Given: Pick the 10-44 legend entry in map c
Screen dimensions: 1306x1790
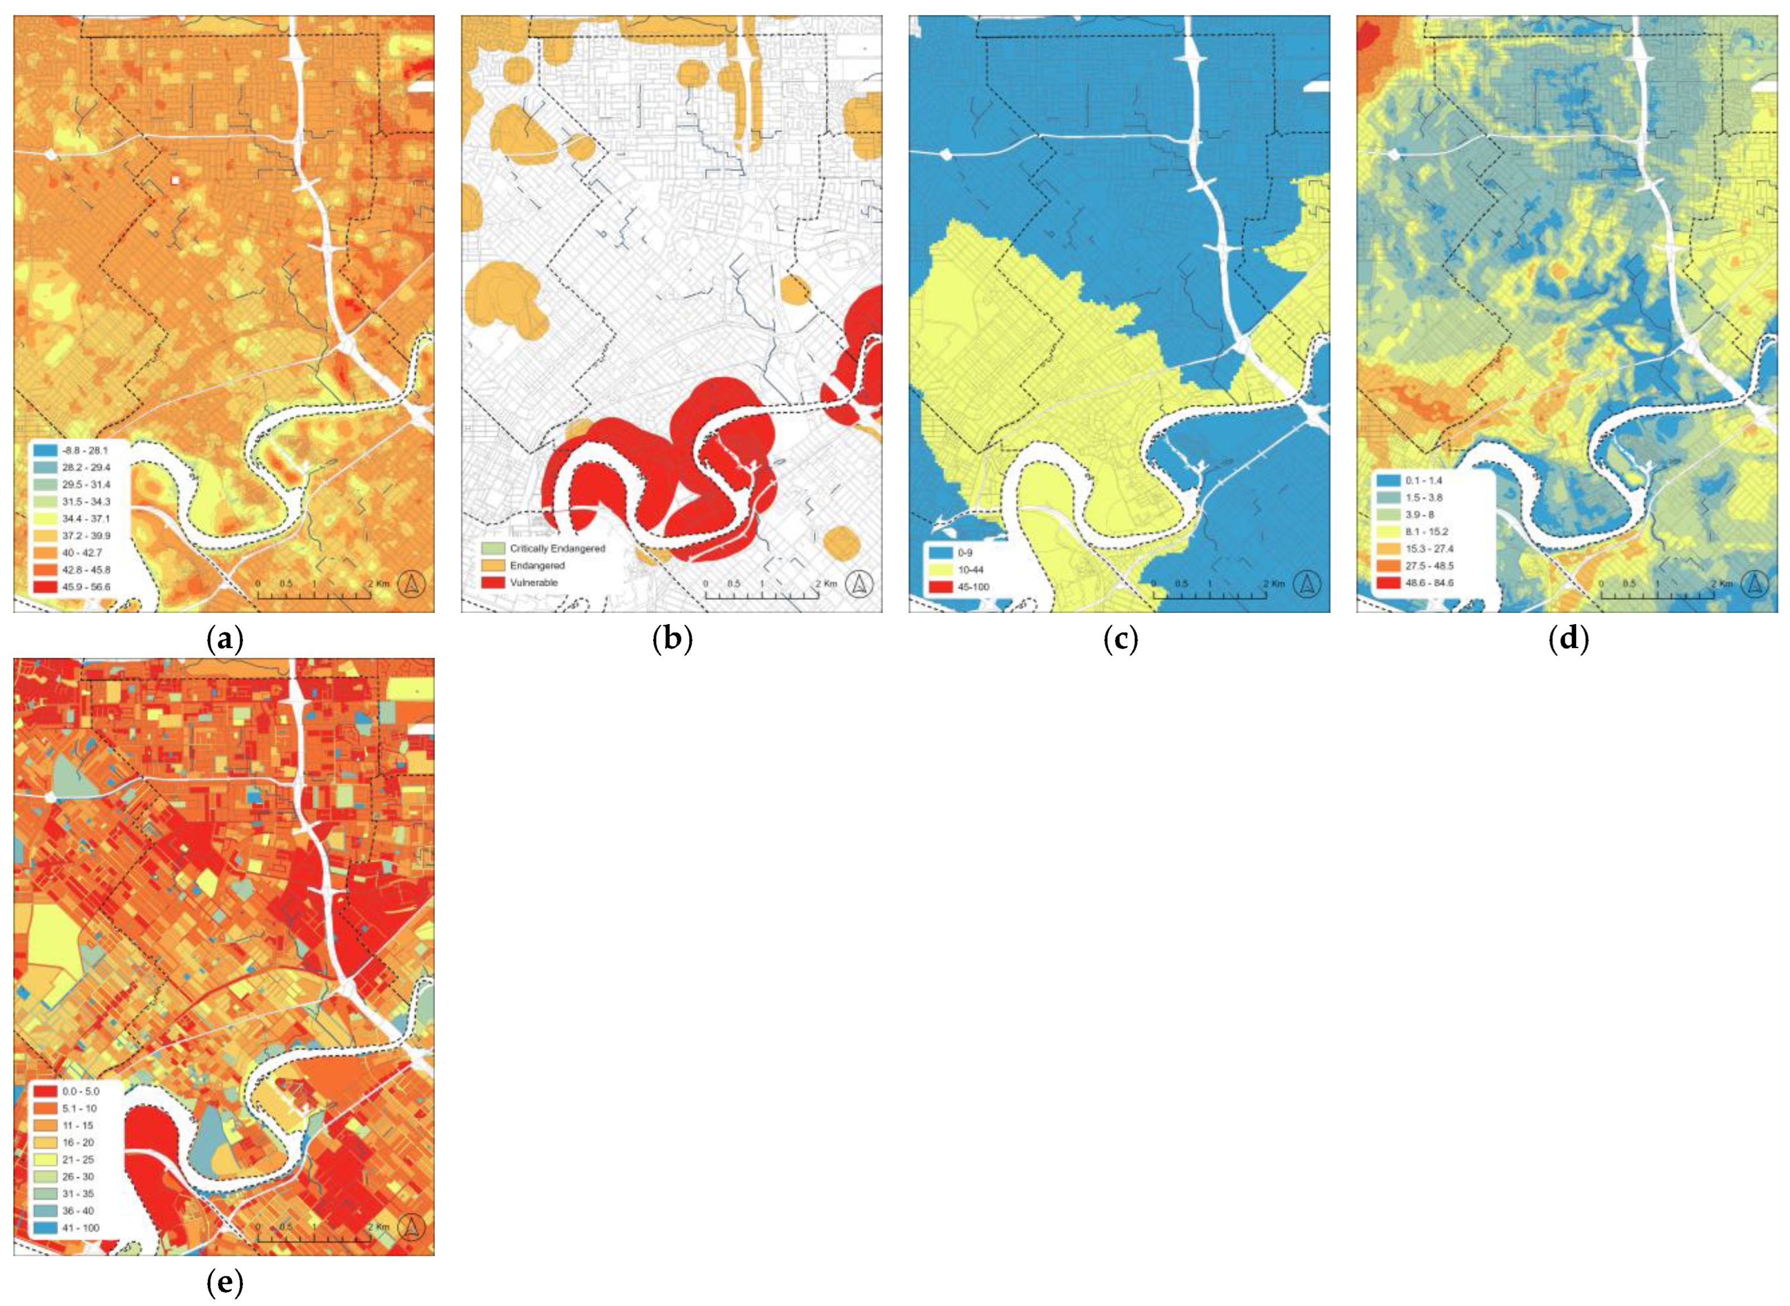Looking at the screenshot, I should [x=961, y=570].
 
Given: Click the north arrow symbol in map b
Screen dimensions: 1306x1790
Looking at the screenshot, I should [x=859, y=585].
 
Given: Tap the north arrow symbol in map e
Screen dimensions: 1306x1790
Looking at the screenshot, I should [x=412, y=1228].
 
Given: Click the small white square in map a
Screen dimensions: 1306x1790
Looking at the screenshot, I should [x=175, y=181].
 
